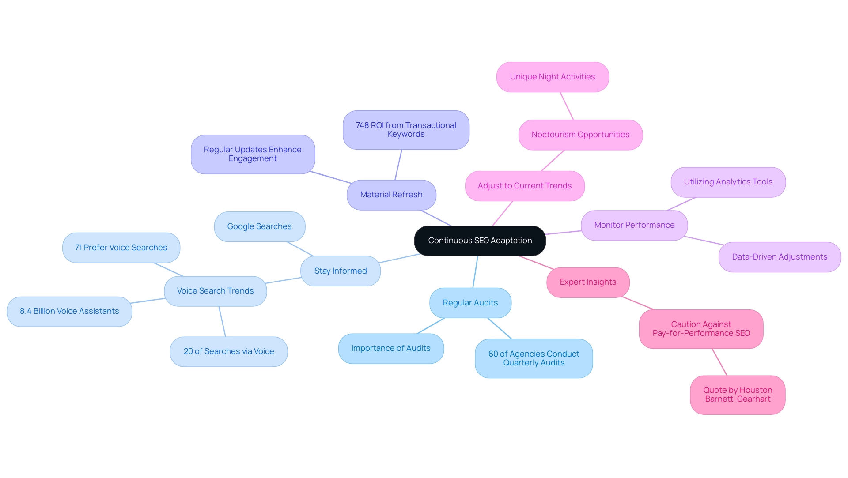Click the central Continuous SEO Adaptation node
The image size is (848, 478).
click(480, 241)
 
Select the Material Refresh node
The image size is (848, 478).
click(391, 195)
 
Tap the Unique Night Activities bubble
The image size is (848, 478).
click(552, 77)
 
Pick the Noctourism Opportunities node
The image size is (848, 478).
click(580, 135)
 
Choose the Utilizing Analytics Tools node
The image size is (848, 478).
click(728, 182)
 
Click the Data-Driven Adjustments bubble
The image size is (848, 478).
click(779, 257)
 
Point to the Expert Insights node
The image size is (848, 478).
click(587, 282)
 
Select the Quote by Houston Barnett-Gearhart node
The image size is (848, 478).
click(737, 395)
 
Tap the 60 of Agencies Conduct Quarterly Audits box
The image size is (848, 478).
click(534, 358)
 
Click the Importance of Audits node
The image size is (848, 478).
click(390, 348)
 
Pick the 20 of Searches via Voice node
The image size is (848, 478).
click(228, 351)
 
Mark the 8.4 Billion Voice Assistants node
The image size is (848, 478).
click(69, 311)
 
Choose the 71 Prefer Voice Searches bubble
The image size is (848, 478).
click(121, 248)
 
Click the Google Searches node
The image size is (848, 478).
click(259, 226)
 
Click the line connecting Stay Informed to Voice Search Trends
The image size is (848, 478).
click(284, 280)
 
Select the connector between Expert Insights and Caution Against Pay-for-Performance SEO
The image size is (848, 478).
click(637, 303)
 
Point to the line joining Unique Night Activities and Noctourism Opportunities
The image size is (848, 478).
click(567, 106)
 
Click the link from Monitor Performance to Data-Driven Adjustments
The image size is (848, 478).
click(704, 241)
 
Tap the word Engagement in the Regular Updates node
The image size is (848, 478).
click(253, 158)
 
